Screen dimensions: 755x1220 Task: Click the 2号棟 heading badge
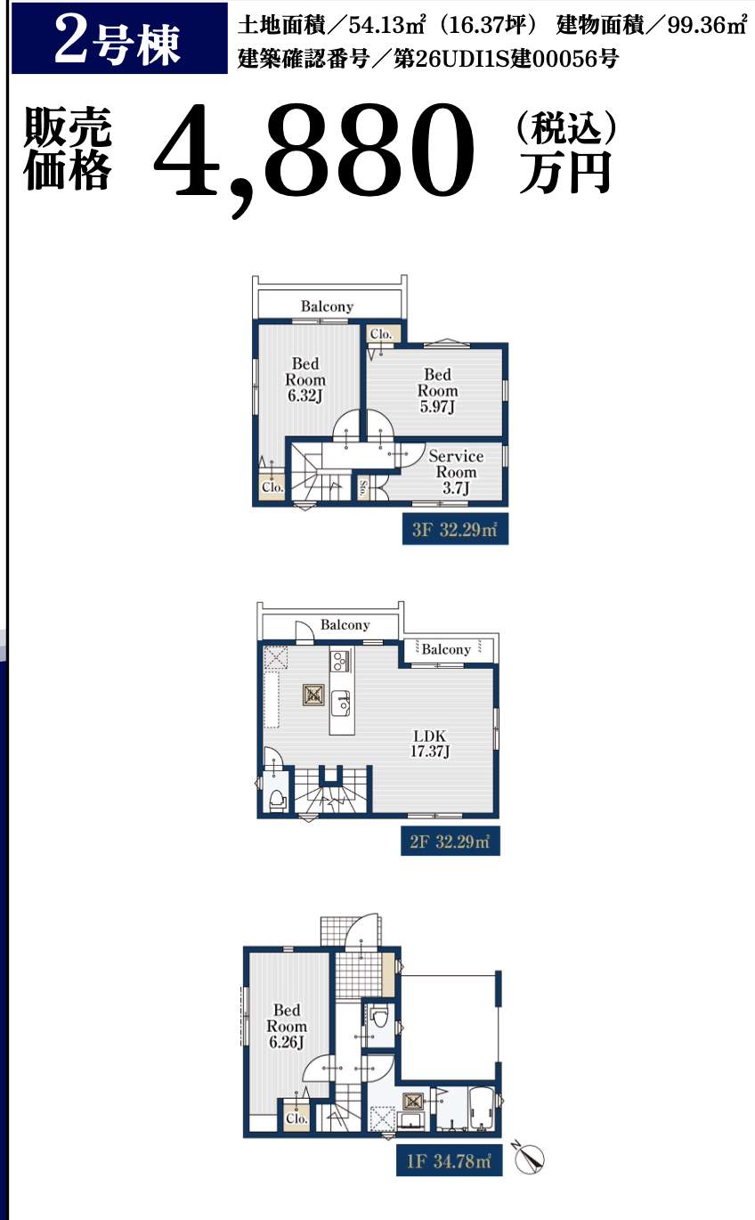[119, 38]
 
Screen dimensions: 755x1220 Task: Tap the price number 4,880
[314, 157]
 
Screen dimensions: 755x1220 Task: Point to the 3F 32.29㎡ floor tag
[455, 529]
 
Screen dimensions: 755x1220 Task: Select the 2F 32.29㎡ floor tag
[451, 842]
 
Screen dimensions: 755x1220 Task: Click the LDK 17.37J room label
[430, 744]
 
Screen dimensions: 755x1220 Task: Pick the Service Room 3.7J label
[456, 472]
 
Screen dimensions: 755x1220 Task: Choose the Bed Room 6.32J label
[305, 379]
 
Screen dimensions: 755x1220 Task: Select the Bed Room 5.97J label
[438, 391]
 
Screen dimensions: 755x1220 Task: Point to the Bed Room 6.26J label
[287, 1026]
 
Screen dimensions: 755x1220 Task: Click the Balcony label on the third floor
[327, 306]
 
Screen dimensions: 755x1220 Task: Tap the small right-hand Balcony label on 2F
[446, 649]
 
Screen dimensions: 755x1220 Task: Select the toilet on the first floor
[379, 1016]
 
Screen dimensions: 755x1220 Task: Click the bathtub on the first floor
[481, 1109]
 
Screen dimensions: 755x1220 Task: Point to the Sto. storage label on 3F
[363, 489]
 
